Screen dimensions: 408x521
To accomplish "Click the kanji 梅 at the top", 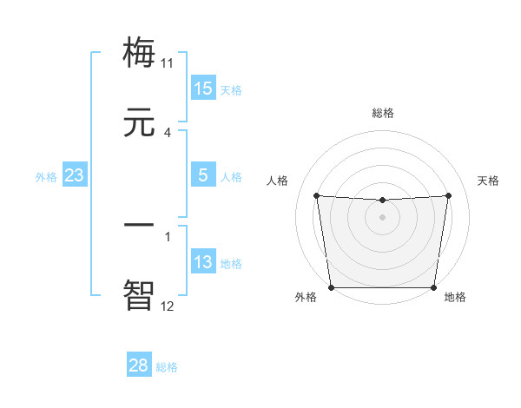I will click(140, 51).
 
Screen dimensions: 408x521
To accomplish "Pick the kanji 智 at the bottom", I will click(140, 294).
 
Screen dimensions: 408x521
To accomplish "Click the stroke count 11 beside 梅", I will click(168, 63).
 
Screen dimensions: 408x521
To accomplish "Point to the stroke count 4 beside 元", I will click(168, 133).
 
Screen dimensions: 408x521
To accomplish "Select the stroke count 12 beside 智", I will click(168, 306).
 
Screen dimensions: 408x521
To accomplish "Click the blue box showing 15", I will click(203, 89).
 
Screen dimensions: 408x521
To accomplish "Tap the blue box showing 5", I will click(203, 175).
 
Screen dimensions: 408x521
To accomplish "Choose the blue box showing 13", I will click(203, 262).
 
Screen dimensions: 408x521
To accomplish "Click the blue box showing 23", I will click(75, 175).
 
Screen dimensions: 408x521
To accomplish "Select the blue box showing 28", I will click(139, 365).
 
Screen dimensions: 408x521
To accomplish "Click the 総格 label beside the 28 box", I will click(168, 367).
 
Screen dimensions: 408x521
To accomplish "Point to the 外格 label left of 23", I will click(46, 177).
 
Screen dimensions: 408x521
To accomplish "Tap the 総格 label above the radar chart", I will click(382, 113).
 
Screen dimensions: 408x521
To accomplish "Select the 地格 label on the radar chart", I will click(455, 297).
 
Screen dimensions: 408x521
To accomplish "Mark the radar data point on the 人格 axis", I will click(317, 195).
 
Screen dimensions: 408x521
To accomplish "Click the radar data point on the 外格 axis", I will click(332, 287).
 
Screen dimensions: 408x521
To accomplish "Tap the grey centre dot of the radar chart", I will click(382, 217).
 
